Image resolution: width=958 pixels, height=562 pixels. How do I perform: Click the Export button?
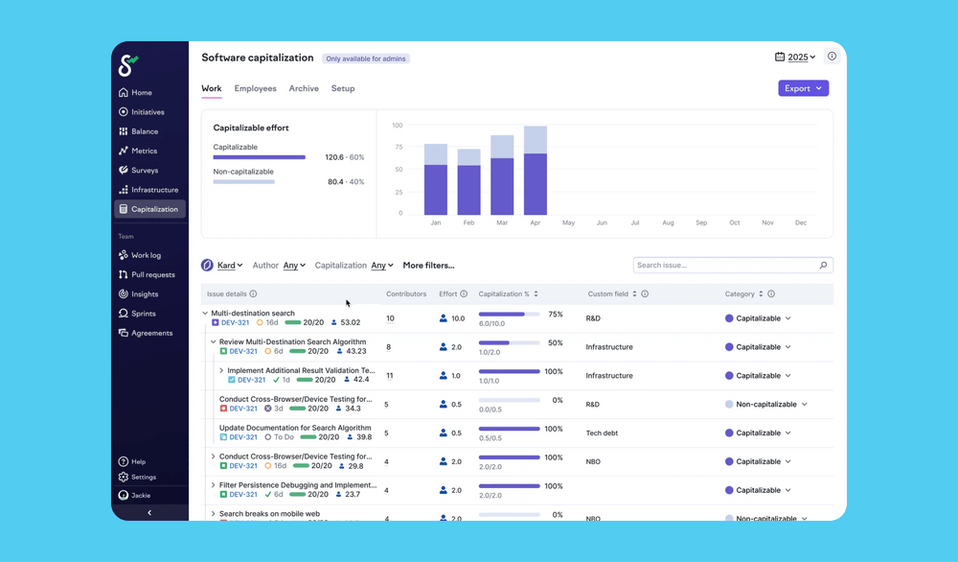(803, 88)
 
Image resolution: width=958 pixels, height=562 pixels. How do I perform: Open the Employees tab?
(255, 88)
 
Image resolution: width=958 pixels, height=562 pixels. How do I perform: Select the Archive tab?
(304, 88)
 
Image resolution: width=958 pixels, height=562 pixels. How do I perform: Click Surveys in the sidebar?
(145, 171)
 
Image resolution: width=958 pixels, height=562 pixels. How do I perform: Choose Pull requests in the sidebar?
(152, 275)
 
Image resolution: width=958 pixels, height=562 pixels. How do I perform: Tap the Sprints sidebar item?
(145, 314)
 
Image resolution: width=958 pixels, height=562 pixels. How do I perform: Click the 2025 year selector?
(795, 58)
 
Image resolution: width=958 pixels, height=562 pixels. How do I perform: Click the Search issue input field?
(726, 266)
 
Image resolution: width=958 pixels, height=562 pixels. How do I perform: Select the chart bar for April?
(535, 171)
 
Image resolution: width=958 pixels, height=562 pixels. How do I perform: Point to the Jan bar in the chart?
(436, 180)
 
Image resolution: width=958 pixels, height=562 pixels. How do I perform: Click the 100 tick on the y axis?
(398, 126)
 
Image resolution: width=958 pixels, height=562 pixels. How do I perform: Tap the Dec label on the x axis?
(801, 222)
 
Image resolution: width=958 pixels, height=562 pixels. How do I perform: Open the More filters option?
(428, 266)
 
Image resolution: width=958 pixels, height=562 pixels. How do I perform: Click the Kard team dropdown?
(229, 266)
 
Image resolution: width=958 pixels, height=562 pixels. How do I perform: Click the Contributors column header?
(406, 294)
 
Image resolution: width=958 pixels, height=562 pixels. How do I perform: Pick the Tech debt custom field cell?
(602, 433)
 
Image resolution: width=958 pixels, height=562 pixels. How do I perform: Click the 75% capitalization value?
(555, 315)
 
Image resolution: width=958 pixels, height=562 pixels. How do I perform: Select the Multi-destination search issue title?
(253, 314)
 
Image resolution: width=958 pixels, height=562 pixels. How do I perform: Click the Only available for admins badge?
(367, 59)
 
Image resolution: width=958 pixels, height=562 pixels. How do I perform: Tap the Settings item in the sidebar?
(144, 477)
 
